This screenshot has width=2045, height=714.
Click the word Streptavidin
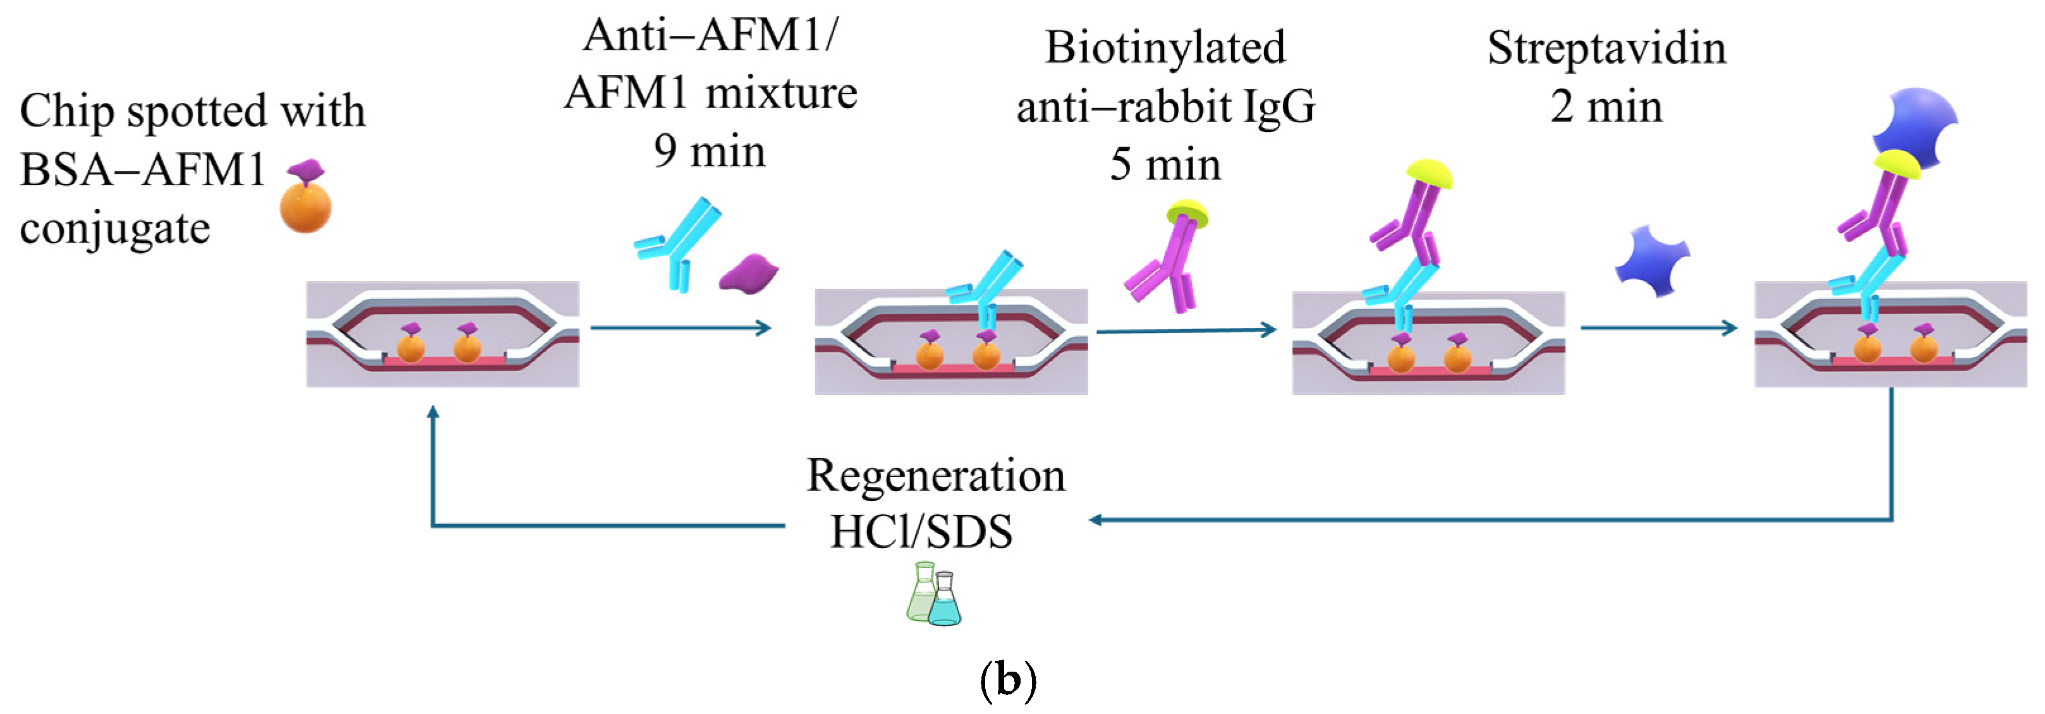click(x=1606, y=49)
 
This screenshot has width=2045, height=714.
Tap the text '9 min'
click(x=710, y=151)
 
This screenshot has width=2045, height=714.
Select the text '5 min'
click(x=1165, y=165)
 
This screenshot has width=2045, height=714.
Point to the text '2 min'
click(x=1606, y=107)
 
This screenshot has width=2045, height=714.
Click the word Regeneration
click(x=935, y=476)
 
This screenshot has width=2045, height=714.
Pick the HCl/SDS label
click(x=921, y=531)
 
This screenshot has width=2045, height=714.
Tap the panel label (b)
click(x=1007, y=680)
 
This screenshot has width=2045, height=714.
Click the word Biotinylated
click(x=1165, y=47)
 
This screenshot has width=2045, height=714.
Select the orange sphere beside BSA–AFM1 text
click(x=306, y=206)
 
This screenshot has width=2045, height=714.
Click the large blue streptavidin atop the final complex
click(x=1915, y=123)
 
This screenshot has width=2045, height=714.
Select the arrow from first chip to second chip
click(x=681, y=328)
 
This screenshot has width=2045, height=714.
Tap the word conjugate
click(x=115, y=230)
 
